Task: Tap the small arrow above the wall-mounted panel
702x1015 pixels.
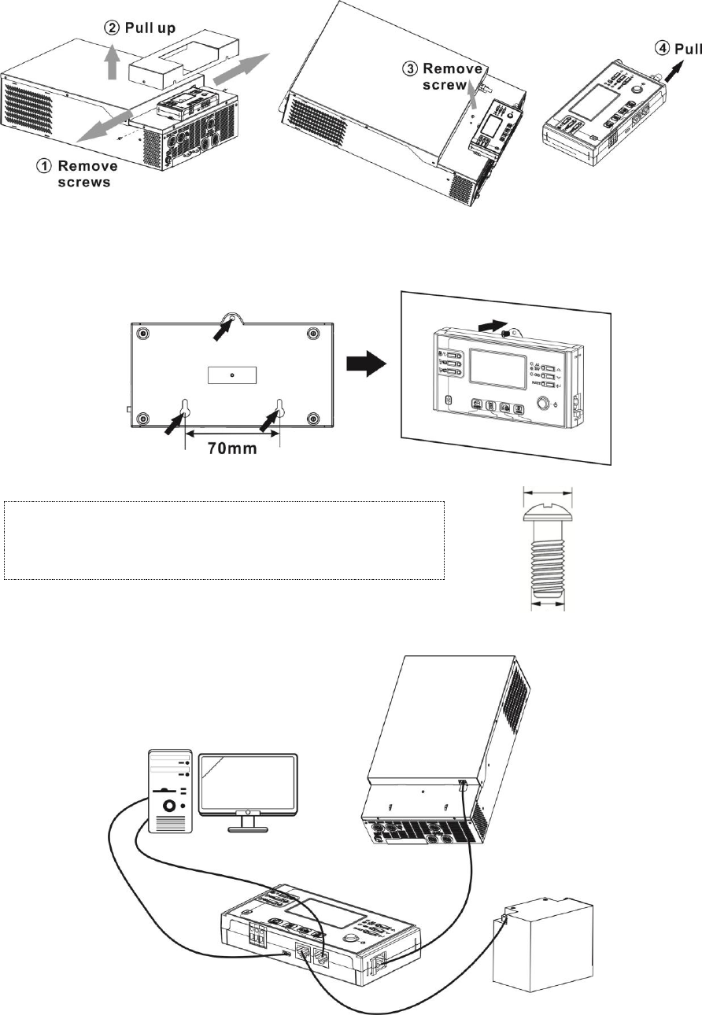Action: [489, 323]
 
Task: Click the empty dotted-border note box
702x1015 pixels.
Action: [224, 540]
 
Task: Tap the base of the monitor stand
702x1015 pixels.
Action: [248, 829]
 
